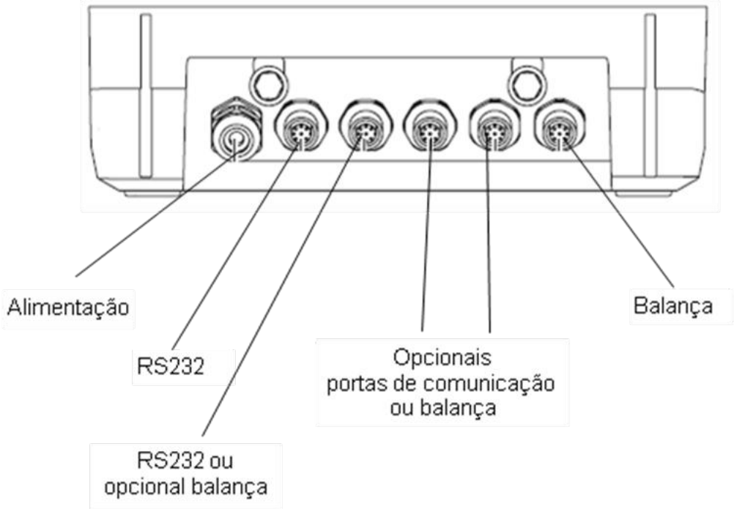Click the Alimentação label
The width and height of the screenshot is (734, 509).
(68, 308)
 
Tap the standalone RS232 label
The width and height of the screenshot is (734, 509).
(171, 366)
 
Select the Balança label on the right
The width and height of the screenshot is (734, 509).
(672, 306)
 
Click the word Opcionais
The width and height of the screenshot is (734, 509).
(442, 358)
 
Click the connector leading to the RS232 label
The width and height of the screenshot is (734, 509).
(301, 126)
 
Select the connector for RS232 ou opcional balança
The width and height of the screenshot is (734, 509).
(366, 126)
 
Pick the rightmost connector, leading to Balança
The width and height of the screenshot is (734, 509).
(560, 126)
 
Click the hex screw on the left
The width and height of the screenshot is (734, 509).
(269, 84)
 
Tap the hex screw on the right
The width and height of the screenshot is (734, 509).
(527, 84)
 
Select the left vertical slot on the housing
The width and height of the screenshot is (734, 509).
(146, 95)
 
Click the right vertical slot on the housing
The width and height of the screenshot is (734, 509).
(650, 95)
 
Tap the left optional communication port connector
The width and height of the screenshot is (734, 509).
(430, 126)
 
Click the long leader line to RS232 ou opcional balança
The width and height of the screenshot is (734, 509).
(282, 286)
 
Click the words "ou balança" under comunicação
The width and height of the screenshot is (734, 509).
(443, 409)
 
